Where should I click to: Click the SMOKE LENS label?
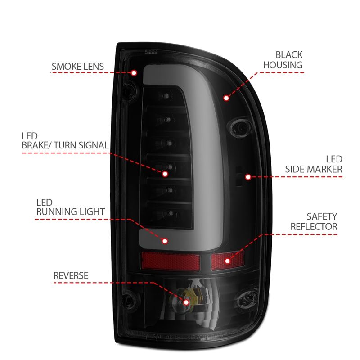[x=78, y=67]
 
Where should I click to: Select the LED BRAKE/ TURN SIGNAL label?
[x=65, y=140]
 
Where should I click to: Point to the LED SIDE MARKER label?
[x=314, y=164]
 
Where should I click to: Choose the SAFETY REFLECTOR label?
[x=314, y=221]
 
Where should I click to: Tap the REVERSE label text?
[x=71, y=275]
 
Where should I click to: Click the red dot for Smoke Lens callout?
[x=134, y=72]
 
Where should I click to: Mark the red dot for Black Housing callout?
[x=226, y=97]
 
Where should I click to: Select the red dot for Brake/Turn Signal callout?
[x=165, y=173]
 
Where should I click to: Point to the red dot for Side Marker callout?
[x=247, y=177]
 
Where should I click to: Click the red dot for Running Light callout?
[x=165, y=241]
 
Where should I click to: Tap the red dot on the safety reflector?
[x=227, y=260]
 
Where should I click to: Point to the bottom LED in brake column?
[x=169, y=213]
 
